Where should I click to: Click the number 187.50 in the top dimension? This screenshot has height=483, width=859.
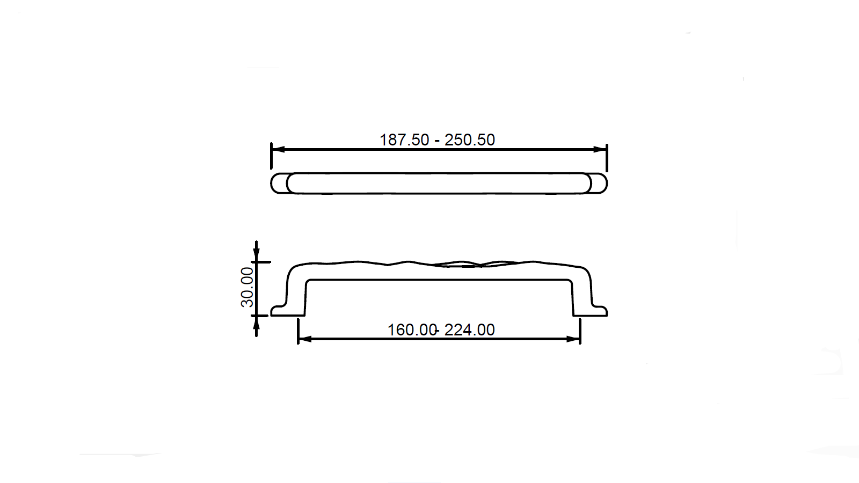point(404,140)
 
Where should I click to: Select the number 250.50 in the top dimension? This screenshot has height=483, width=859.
point(470,140)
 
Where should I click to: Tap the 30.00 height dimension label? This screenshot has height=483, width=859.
point(247,288)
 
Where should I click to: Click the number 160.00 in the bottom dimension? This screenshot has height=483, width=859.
point(412,330)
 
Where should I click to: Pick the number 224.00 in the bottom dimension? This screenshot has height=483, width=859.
point(470,330)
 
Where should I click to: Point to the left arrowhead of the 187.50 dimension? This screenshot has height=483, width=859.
point(278,149)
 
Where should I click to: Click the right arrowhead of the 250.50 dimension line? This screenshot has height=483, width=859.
point(600,149)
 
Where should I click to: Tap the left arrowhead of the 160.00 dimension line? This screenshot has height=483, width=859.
point(305,339)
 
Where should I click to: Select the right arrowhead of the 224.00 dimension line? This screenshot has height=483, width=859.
point(573,339)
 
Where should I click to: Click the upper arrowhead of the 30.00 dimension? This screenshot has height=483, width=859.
point(256,255)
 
